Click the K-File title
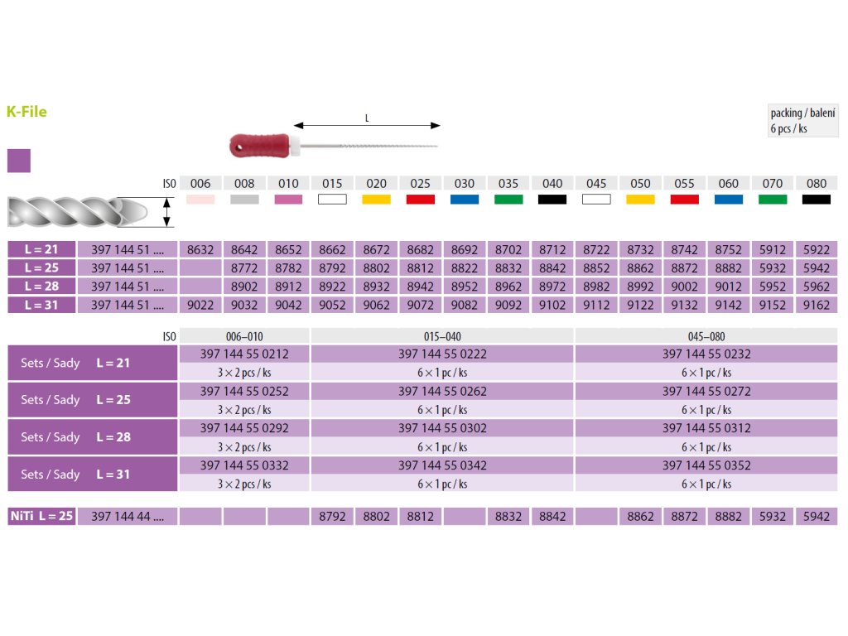pos(26,111)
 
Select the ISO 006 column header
pos(200,183)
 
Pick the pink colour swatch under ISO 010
pos(289,200)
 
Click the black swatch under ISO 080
pos(816,200)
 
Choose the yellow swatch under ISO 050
pos(640,200)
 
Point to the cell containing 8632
pos(200,249)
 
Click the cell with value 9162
pos(816,305)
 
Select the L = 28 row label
pos(41,287)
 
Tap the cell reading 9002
pos(684,287)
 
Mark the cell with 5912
pos(772,249)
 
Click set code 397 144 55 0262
pos(442,391)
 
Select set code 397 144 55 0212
pos(244,354)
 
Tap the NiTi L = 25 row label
pos(41,516)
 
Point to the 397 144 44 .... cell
pos(128,516)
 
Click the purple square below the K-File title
pos(18,161)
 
